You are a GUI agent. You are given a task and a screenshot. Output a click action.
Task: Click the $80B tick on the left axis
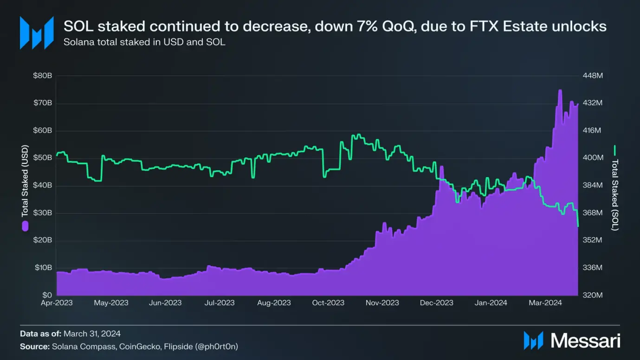point(42,76)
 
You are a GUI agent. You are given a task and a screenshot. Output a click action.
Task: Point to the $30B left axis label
point(42,213)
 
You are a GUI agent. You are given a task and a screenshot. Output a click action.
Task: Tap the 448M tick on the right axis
point(592,76)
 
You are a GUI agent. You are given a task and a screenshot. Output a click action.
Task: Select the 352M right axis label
point(592,240)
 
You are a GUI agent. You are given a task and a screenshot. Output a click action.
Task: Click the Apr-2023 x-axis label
point(57,303)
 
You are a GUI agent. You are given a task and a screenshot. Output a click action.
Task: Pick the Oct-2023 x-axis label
point(328,303)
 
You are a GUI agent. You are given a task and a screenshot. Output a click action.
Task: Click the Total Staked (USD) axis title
point(25,181)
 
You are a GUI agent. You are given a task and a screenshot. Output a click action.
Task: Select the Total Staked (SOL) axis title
point(615,195)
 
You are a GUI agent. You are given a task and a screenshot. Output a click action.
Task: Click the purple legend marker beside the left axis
point(25,226)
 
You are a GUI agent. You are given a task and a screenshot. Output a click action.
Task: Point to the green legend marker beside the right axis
point(615,150)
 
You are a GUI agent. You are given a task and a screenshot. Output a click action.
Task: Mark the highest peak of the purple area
point(560,90)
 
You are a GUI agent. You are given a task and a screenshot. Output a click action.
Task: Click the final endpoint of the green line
point(578,226)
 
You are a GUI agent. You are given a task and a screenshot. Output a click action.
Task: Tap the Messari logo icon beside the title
point(36,32)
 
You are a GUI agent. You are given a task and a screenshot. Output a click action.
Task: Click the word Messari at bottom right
point(585,341)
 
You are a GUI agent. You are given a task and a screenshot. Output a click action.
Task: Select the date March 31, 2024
point(92,334)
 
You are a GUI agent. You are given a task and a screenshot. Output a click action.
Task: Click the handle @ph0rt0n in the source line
point(219,347)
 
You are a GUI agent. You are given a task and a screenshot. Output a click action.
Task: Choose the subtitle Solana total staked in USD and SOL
point(144,43)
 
